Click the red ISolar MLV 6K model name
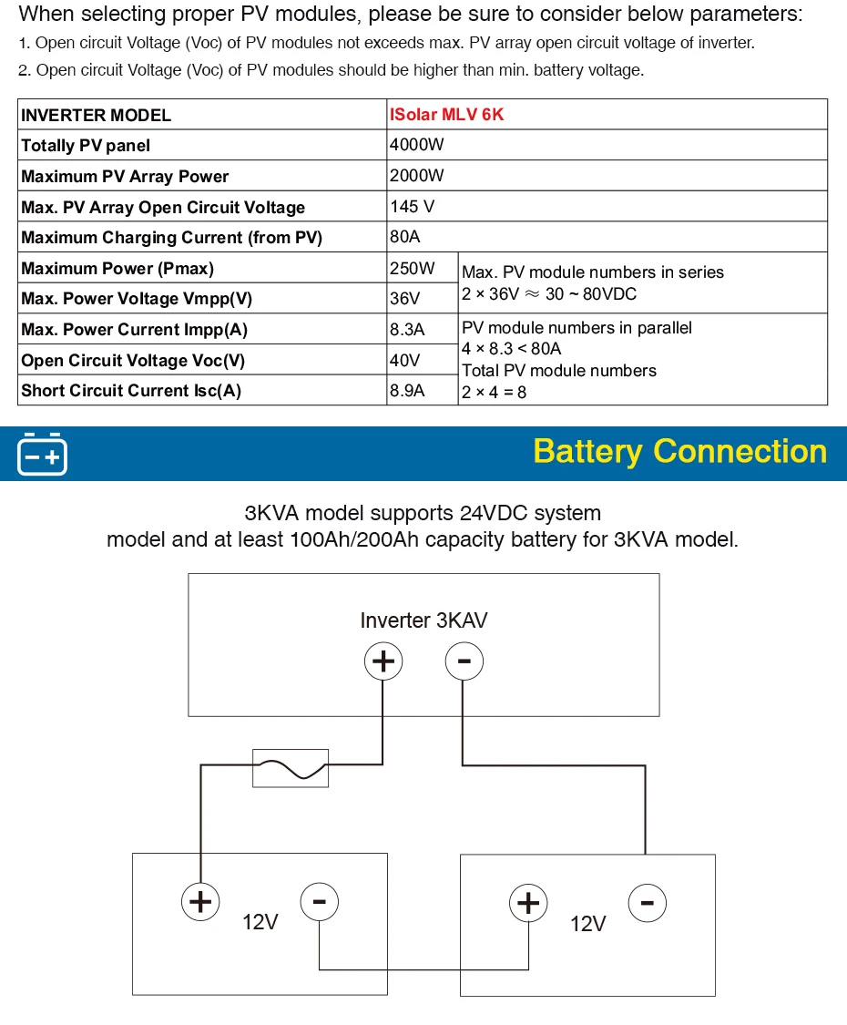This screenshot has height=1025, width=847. coord(446,115)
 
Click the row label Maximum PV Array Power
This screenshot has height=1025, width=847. coord(125,176)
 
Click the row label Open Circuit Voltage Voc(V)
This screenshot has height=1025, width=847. coord(133,360)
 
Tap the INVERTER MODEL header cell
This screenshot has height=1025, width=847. coord(96,115)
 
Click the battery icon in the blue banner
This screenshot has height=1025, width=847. coord(42,454)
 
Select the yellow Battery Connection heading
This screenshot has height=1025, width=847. coord(679,451)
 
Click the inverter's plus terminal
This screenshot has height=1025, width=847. coord(383,661)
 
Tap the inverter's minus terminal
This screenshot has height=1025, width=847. coord(464,661)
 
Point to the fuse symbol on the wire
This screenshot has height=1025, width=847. coord(290,768)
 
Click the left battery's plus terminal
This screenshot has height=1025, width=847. coord(199,902)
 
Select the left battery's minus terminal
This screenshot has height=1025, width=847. coord(319,902)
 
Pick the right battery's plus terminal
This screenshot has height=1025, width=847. coord(527,903)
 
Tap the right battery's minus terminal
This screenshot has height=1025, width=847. coord(647,903)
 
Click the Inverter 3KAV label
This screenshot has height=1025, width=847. coord(423,620)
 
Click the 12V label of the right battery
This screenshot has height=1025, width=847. coord(587,924)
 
